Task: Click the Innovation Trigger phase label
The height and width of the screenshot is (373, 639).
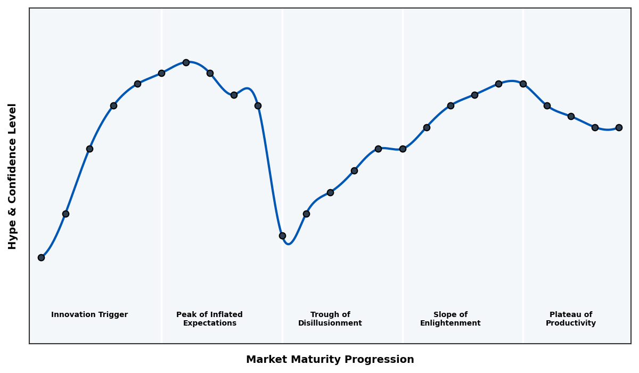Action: (89, 315)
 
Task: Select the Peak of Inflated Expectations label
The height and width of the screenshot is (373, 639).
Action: (209, 319)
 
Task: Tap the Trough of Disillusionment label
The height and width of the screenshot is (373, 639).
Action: (330, 319)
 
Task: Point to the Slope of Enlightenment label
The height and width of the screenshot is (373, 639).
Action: (450, 319)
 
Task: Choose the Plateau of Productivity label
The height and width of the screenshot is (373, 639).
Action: (571, 319)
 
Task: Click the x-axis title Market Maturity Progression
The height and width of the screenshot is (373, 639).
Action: (330, 360)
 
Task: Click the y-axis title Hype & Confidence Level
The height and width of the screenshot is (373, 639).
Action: (13, 176)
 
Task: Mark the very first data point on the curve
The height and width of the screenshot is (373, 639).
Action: (41, 257)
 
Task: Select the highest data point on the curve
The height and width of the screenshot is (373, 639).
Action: (186, 62)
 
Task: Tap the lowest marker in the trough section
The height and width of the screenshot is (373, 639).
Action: (282, 236)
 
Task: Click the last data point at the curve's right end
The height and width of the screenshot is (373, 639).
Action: (619, 127)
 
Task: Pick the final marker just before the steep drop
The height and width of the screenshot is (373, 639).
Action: (258, 106)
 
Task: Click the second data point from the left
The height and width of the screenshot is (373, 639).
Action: (65, 214)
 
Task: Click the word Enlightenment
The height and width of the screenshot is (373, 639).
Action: (450, 323)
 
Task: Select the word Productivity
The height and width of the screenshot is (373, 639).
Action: (571, 323)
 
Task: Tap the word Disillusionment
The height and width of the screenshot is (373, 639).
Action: (330, 323)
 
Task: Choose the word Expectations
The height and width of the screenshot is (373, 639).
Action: (209, 323)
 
